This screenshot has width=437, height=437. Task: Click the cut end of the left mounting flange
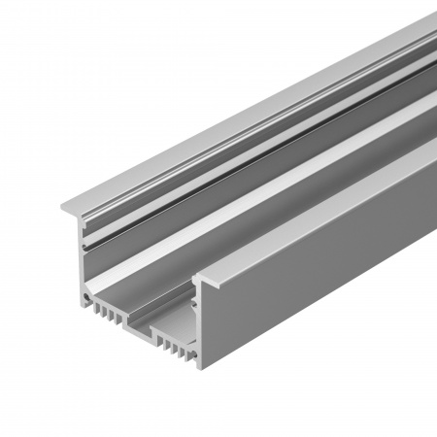click(70, 208)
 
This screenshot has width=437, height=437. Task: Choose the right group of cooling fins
click(173, 347)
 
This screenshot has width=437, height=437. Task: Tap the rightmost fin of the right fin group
click(186, 355)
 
